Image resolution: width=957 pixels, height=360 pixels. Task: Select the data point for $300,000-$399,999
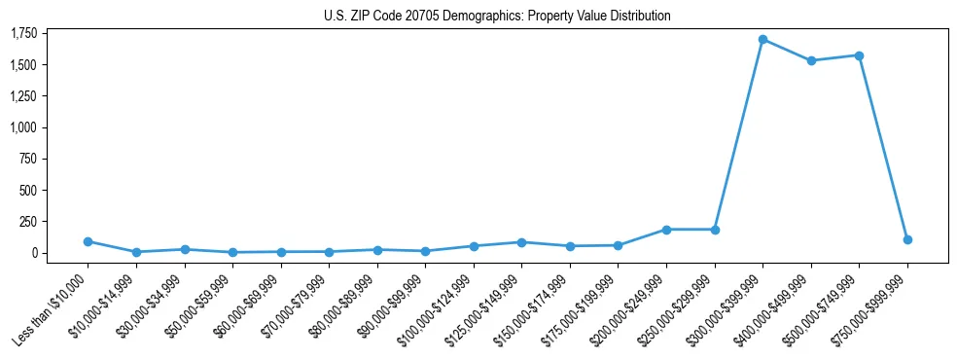[762, 40]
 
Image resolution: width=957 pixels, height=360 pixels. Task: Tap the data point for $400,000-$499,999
[811, 60]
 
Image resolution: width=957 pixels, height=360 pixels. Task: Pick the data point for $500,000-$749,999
[859, 55]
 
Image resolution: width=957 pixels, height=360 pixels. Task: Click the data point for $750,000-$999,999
[907, 239]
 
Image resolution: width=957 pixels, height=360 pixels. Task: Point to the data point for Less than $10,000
[88, 241]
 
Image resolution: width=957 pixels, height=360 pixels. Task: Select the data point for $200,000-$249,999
[666, 230]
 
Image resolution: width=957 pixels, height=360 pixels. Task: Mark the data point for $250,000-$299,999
[715, 230]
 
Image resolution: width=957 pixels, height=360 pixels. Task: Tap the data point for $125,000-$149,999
[521, 242]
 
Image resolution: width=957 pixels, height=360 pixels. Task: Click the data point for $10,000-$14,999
[136, 252]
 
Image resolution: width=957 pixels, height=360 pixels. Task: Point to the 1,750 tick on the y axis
[23, 34]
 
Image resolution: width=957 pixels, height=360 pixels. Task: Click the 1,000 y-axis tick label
[23, 127]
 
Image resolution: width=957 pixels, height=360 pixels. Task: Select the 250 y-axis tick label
[29, 222]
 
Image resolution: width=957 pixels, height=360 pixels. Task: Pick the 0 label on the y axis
[35, 253]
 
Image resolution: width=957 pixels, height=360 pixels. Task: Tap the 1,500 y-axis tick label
[23, 65]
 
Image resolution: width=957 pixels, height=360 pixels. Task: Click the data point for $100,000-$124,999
[474, 246]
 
